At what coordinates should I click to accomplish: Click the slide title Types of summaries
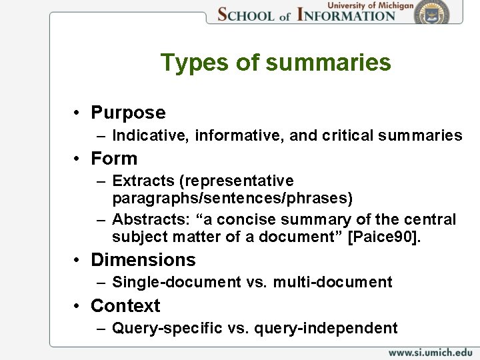(275, 63)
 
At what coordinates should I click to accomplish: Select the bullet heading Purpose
(128, 113)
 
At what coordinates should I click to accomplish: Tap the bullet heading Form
(114, 159)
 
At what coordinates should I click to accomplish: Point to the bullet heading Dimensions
(143, 259)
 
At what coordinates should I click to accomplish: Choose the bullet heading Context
(125, 305)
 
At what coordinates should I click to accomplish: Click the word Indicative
(152, 136)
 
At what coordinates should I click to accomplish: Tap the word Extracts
(139, 181)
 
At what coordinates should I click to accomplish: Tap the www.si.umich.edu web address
(430, 351)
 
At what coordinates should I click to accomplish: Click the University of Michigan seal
(441, 13)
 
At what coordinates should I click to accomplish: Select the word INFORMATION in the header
(346, 14)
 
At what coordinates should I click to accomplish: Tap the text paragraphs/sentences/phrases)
(233, 198)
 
